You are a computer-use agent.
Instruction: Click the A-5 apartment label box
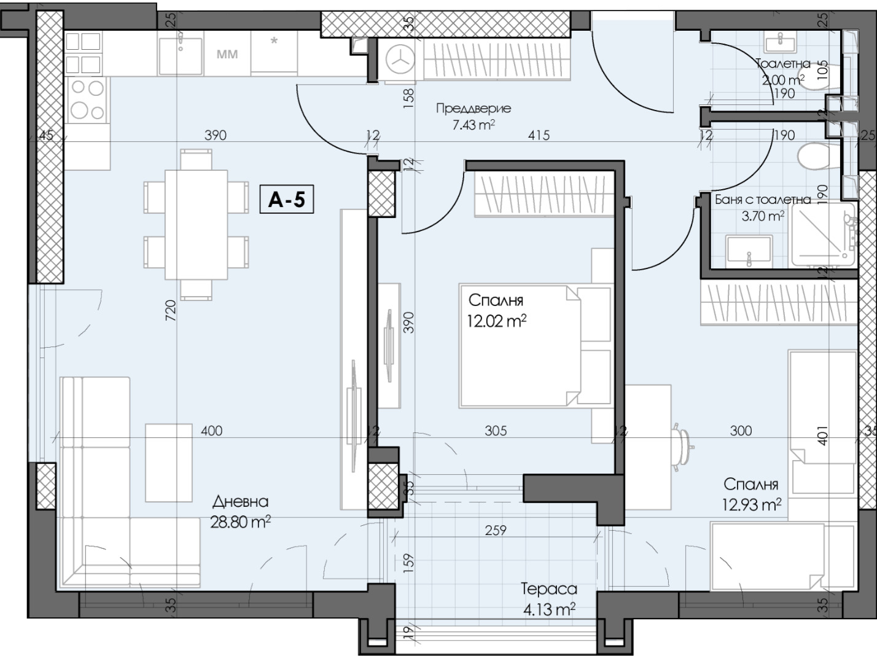coord(286,199)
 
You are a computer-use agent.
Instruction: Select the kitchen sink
coord(181,55)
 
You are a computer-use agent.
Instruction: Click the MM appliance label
coord(227,54)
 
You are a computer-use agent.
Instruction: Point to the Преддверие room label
coord(474,108)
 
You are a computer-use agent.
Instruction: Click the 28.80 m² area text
coord(240,521)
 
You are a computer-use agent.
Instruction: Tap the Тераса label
coord(549,589)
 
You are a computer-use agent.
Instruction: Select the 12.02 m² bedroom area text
coord(497,321)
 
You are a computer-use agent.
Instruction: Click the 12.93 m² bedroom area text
coord(752,504)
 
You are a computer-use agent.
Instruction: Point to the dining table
coord(196,225)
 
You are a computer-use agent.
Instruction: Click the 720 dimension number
coord(170,310)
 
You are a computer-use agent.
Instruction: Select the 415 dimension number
coord(539,135)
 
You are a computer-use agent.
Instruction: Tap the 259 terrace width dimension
coord(496,530)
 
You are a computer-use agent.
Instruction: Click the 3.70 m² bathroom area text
coord(763,216)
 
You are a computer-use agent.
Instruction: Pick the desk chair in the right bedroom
coord(682,447)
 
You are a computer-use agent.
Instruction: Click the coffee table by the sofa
coord(169,463)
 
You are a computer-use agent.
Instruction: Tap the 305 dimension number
coord(496,431)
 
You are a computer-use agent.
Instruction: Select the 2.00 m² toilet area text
coord(783,80)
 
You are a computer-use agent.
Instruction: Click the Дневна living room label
coord(240,501)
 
